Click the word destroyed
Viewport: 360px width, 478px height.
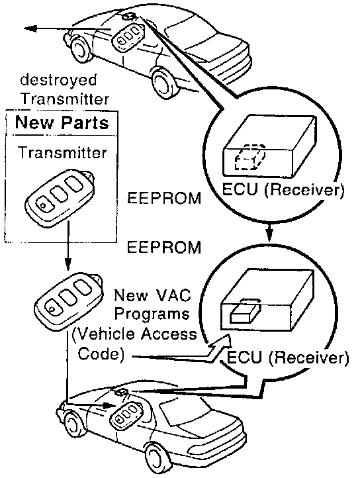click(58, 81)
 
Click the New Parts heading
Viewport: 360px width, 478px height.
click(62, 122)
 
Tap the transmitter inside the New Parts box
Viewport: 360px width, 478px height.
click(60, 197)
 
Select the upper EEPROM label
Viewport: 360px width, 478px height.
click(164, 198)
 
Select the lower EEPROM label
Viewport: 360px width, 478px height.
click(164, 247)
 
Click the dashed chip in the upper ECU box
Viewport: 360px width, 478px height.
click(250, 156)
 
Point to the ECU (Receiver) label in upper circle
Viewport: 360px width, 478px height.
click(283, 189)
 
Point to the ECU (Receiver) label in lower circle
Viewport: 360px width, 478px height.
click(287, 357)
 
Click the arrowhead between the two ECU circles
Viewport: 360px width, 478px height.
click(269, 235)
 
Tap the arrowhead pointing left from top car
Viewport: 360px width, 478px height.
click(30, 29)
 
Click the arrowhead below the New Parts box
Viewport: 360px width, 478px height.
click(68, 264)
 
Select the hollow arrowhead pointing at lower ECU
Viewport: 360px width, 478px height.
click(222, 342)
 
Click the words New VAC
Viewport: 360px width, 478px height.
click(152, 295)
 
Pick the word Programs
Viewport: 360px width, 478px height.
click(152, 314)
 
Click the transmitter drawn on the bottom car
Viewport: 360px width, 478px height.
click(126, 414)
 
